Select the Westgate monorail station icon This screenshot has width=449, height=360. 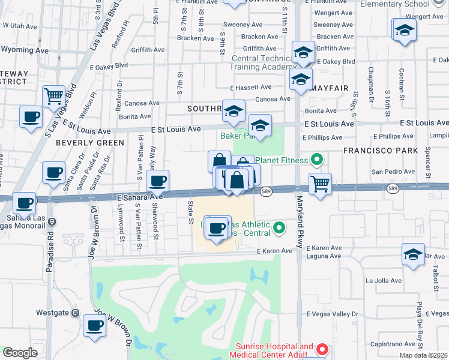(75, 313)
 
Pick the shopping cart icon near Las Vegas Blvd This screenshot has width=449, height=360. (54, 95)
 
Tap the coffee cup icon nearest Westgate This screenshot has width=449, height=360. (94, 325)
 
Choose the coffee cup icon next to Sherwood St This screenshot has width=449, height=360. (157, 181)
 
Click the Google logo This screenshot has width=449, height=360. (20, 353)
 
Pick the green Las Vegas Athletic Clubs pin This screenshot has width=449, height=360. (279, 228)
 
